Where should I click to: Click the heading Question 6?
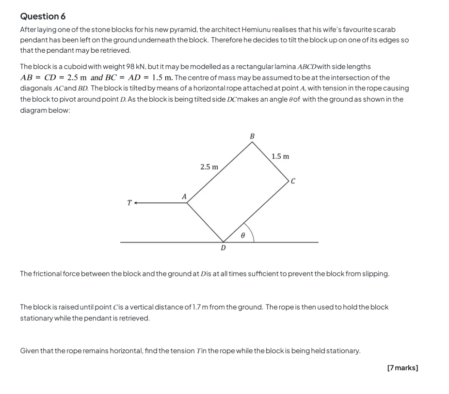(43, 16)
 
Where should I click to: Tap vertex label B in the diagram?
(252, 136)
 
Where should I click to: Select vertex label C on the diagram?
(293, 181)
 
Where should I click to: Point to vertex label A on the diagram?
(184, 196)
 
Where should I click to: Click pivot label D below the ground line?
(223, 248)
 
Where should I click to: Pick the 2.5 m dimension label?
(209, 167)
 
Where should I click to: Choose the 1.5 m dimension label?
(280, 156)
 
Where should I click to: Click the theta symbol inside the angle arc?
(243, 234)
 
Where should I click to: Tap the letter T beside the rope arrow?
(129, 203)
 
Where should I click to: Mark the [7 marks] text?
(402, 368)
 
